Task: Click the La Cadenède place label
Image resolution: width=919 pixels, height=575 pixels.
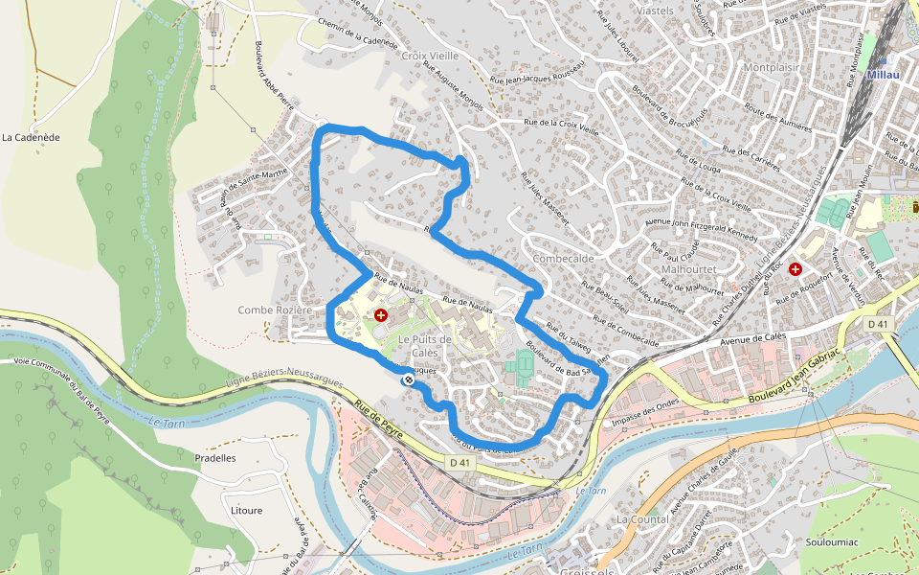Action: pyautogui.click(x=31, y=137)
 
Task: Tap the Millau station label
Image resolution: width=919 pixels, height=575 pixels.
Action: pyautogui.click(x=882, y=74)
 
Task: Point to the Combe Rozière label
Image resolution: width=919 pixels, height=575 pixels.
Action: pyautogui.click(x=276, y=310)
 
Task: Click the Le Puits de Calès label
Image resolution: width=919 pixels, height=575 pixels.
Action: pyautogui.click(x=425, y=346)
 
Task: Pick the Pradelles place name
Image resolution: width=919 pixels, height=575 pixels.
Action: pyautogui.click(x=214, y=458)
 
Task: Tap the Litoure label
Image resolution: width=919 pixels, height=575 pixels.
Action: pyautogui.click(x=246, y=511)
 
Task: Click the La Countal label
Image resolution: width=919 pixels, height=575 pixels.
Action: pyautogui.click(x=642, y=519)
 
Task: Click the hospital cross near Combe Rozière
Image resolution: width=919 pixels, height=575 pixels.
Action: pyautogui.click(x=381, y=314)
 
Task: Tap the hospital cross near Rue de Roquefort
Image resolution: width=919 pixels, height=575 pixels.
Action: pyautogui.click(x=795, y=270)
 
